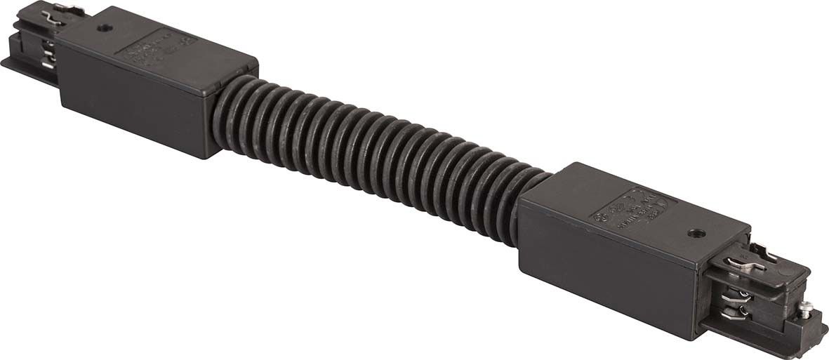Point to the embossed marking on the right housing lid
click(631, 207)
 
